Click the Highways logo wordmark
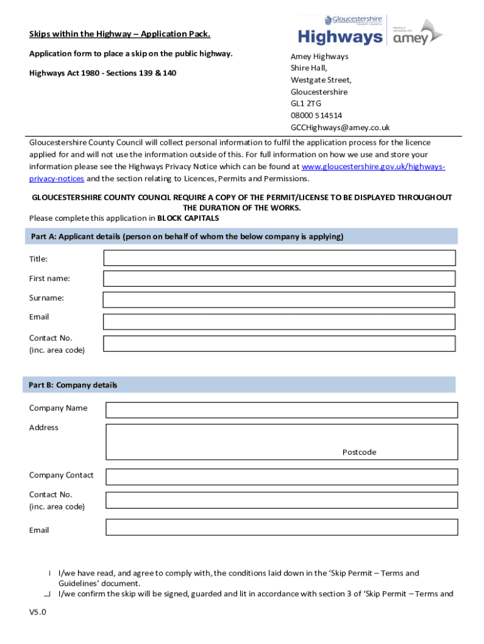[x=339, y=37]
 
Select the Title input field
[x=279, y=258]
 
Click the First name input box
[x=279, y=279]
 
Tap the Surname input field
[x=279, y=299]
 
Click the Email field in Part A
[x=279, y=321]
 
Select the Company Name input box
[x=281, y=410]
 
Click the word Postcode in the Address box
[x=359, y=452]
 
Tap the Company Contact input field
[x=281, y=477]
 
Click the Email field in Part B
[x=281, y=527]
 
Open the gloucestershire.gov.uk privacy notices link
[x=373, y=167]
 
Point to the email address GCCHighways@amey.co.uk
[x=340, y=127]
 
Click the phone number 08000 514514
[x=316, y=116]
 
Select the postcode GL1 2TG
[x=305, y=104]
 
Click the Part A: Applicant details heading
[x=187, y=236]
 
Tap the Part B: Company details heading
[x=74, y=385]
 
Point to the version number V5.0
[x=38, y=611]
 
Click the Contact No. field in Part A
[x=279, y=343]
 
